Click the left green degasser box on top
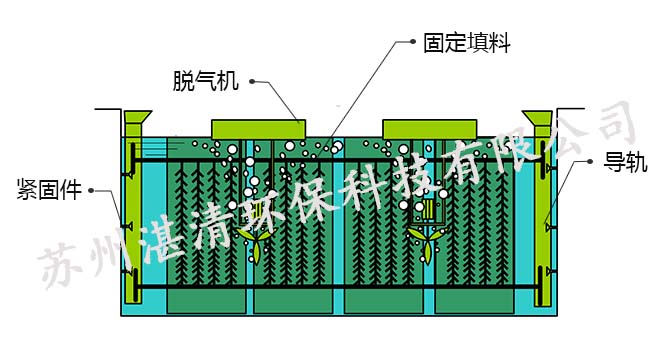(258, 129)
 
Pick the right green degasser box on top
(429, 129)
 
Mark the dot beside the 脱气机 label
(252, 82)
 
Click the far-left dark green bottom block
(204, 301)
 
